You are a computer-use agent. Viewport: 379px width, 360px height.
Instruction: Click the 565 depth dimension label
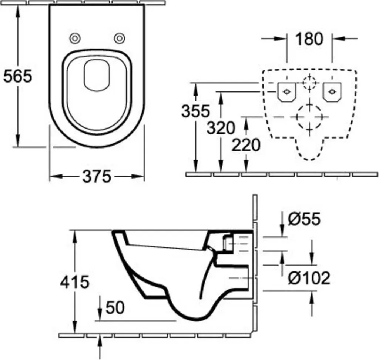click(x=17, y=76)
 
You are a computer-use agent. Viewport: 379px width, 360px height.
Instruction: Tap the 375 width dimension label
click(x=97, y=176)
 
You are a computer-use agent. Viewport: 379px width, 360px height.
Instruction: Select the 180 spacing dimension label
click(x=309, y=39)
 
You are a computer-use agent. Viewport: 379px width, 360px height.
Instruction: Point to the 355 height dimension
click(x=195, y=111)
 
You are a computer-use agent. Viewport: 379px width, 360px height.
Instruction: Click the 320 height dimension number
click(x=221, y=128)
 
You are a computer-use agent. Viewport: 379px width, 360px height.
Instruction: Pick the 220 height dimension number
click(x=246, y=145)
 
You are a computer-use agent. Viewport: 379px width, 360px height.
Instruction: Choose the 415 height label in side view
click(x=75, y=282)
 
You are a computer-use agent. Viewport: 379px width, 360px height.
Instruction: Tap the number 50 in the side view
click(x=115, y=307)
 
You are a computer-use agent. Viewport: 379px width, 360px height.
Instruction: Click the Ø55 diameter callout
click(x=304, y=219)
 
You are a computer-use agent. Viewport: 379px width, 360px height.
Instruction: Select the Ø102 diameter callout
click(x=309, y=278)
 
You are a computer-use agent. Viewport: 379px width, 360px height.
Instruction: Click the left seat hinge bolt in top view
click(x=75, y=38)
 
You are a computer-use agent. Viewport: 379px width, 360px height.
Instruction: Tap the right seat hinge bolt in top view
click(x=120, y=38)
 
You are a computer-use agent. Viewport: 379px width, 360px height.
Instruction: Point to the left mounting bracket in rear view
click(x=287, y=92)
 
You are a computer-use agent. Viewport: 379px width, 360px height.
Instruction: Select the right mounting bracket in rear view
click(x=332, y=92)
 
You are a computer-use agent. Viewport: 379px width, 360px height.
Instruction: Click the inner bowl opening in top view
click(x=97, y=76)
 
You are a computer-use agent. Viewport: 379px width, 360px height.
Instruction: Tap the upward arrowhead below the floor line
click(x=100, y=340)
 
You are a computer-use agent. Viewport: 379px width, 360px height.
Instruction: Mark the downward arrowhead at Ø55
click(x=282, y=231)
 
